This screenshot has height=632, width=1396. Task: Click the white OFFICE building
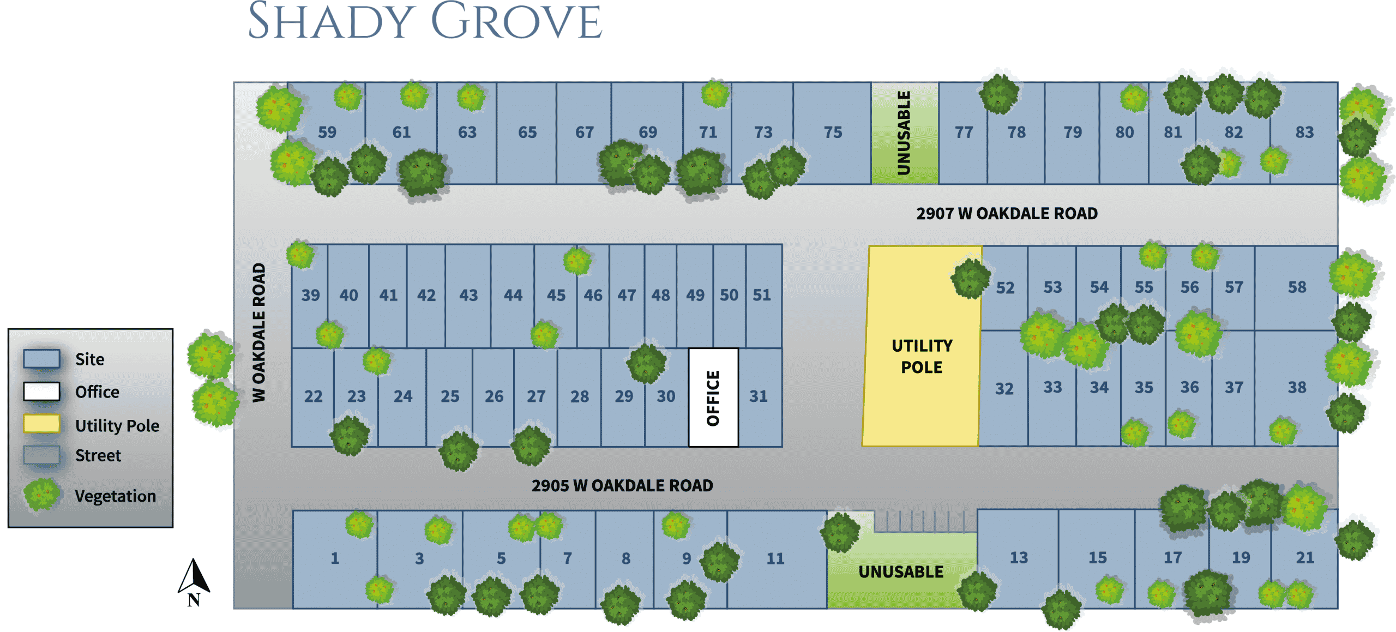(713, 398)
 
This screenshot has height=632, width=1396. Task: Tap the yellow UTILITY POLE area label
(922, 356)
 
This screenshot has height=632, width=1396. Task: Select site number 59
(327, 132)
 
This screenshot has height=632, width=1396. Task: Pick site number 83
(1304, 132)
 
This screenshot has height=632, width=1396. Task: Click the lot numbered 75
(833, 132)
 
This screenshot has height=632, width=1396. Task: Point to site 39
(310, 295)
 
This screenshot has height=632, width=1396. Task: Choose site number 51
(762, 295)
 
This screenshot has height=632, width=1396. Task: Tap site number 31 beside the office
(758, 396)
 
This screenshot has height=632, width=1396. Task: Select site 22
(313, 396)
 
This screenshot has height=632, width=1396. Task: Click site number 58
(1297, 287)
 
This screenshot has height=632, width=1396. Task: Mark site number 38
(1297, 387)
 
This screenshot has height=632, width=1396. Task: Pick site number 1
(335, 558)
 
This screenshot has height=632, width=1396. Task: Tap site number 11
(775, 558)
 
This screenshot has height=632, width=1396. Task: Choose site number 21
(1305, 557)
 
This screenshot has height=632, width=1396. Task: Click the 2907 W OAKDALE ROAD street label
(1007, 213)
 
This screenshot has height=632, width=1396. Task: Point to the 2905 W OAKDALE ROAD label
(622, 485)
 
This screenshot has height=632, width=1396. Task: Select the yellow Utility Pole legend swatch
(41, 424)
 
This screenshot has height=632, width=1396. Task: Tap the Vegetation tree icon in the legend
(41, 494)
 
